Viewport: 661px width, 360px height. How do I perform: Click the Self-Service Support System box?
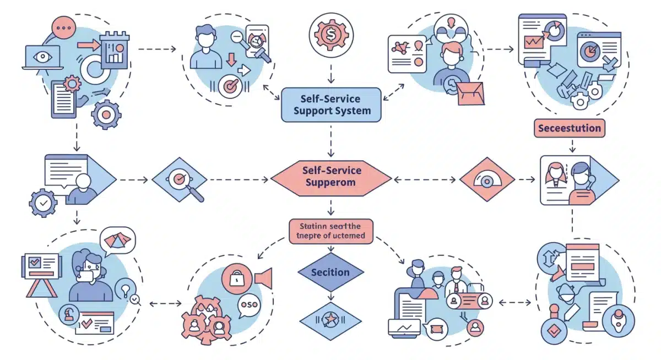click(x=330, y=105)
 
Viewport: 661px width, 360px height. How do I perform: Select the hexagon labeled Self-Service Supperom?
click(x=330, y=177)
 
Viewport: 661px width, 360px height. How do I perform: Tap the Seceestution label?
click(x=570, y=128)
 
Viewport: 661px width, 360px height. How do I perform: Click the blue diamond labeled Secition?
click(x=330, y=272)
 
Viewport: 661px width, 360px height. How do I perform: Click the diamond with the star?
click(x=330, y=319)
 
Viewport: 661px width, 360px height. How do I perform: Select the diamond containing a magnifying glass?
click(x=180, y=179)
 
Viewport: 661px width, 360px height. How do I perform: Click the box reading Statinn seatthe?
click(x=330, y=231)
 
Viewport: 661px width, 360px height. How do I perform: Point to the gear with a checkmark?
click(x=42, y=203)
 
